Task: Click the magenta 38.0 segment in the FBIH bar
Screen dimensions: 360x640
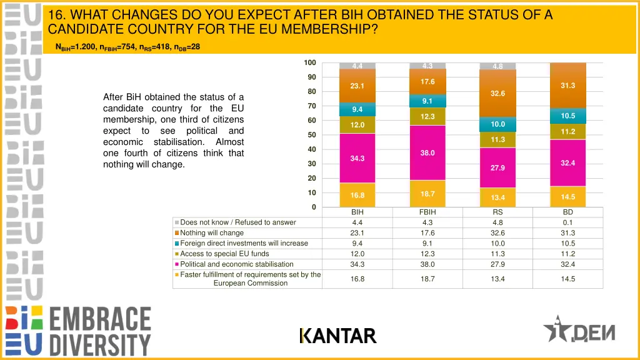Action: [427, 152]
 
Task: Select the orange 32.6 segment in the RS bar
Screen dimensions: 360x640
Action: [497, 93]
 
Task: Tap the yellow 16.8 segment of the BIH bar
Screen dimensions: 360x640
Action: [357, 195]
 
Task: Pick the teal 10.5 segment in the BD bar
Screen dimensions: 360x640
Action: [567, 116]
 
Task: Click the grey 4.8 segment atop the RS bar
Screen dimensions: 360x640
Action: [497, 66]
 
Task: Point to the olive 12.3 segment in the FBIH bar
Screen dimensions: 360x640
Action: [427, 116]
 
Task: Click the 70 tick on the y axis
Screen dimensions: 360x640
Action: [311, 106]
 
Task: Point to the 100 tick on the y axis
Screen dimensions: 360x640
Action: [310, 62]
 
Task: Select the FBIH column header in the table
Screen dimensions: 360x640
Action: [427, 212]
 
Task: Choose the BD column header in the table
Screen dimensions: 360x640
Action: [567, 212]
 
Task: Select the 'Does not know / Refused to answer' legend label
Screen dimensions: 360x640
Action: [238, 222]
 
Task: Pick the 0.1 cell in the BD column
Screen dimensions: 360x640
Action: [567, 222]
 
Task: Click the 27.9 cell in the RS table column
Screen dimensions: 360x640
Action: [497, 264]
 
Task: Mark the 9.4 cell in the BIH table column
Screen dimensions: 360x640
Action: [357, 244]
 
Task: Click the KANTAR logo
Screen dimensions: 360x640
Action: [338, 336]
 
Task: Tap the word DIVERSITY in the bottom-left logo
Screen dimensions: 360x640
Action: [100, 345]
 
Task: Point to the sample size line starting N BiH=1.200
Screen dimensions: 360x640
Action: [128, 47]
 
